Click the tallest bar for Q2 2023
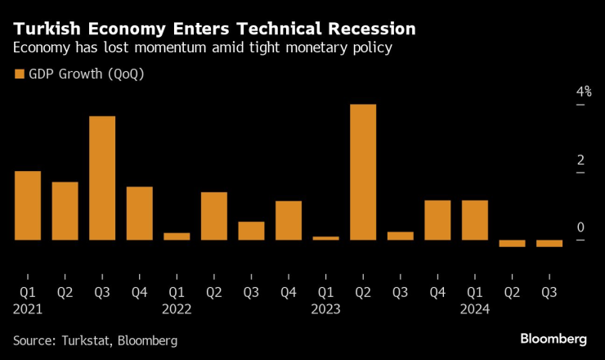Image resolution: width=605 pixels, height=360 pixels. point(363,172)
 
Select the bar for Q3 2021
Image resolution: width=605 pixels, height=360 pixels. point(102,178)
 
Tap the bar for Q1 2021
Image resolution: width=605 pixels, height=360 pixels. point(28,205)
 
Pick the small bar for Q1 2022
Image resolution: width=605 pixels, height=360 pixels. point(177,236)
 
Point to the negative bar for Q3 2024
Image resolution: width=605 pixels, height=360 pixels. point(549,243)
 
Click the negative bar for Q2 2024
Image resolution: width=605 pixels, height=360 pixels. point(512,243)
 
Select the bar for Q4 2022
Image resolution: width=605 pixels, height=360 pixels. point(289,220)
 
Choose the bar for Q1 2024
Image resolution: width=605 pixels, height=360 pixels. point(475,219)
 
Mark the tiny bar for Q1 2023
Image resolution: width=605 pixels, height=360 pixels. point(325,238)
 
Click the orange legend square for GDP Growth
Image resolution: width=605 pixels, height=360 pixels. point(20,75)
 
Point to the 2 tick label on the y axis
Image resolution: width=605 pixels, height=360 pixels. point(558,160)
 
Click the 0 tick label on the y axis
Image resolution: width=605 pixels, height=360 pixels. point(558,227)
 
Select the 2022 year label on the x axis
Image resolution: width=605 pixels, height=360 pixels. point(177,309)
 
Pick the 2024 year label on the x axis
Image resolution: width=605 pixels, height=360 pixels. point(475,309)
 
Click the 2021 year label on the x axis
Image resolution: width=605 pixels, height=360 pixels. point(28,309)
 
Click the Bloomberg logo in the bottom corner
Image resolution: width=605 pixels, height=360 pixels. point(553,339)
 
